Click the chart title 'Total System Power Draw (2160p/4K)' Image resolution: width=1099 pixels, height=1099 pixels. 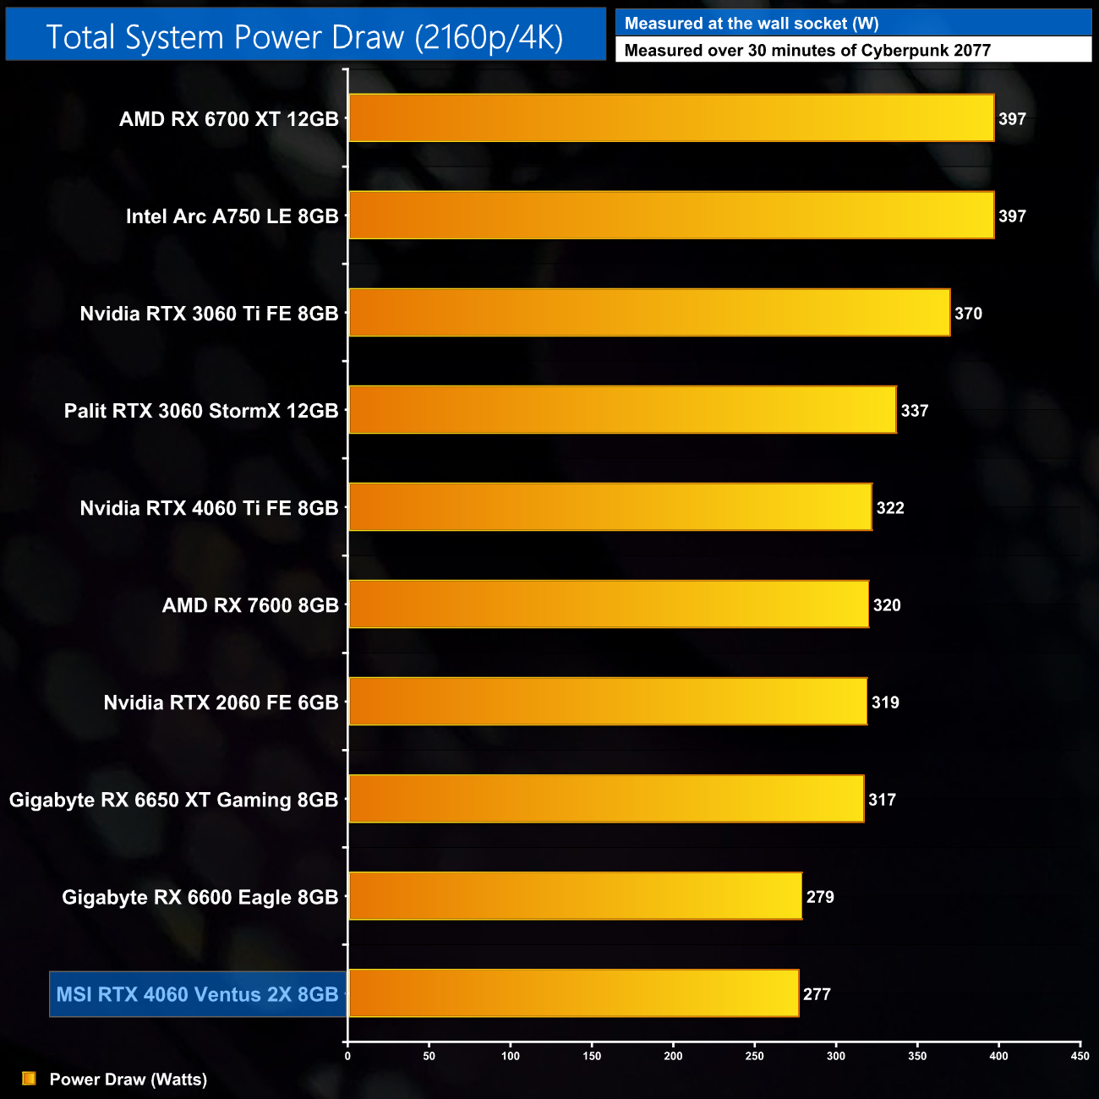click(304, 37)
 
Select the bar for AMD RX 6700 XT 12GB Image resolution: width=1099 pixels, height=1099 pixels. click(671, 118)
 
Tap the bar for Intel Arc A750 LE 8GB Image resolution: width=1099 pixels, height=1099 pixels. click(671, 216)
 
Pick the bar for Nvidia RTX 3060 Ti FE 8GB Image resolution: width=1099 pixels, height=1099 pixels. click(649, 313)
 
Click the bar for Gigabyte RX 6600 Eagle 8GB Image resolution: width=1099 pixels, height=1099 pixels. click(575, 896)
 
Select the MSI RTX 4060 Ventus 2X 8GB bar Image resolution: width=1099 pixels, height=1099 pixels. click(573, 993)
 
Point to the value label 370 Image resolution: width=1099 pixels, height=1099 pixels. click(968, 314)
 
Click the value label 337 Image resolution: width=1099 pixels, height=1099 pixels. click(915, 411)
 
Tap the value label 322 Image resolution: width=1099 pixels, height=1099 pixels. click(890, 508)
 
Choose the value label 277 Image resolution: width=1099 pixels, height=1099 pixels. click(817, 994)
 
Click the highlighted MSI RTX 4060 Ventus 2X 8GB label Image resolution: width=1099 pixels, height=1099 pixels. click(197, 994)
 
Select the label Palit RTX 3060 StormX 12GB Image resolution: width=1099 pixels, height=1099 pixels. click(201, 411)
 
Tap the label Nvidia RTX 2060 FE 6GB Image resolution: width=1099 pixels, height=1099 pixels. click(221, 703)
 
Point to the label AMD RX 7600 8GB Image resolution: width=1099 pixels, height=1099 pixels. click(250, 605)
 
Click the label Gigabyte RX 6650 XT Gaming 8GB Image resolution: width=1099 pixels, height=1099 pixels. click(173, 800)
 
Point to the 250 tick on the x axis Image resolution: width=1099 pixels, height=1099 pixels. click(755, 1056)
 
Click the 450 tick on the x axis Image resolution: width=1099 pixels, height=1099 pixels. click(1080, 1056)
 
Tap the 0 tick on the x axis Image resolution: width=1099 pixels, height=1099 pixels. click(347, 1056)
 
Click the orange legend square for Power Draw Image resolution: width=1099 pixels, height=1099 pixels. click(29, 1079)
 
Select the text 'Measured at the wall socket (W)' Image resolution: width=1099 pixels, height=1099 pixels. click(752, 24)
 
